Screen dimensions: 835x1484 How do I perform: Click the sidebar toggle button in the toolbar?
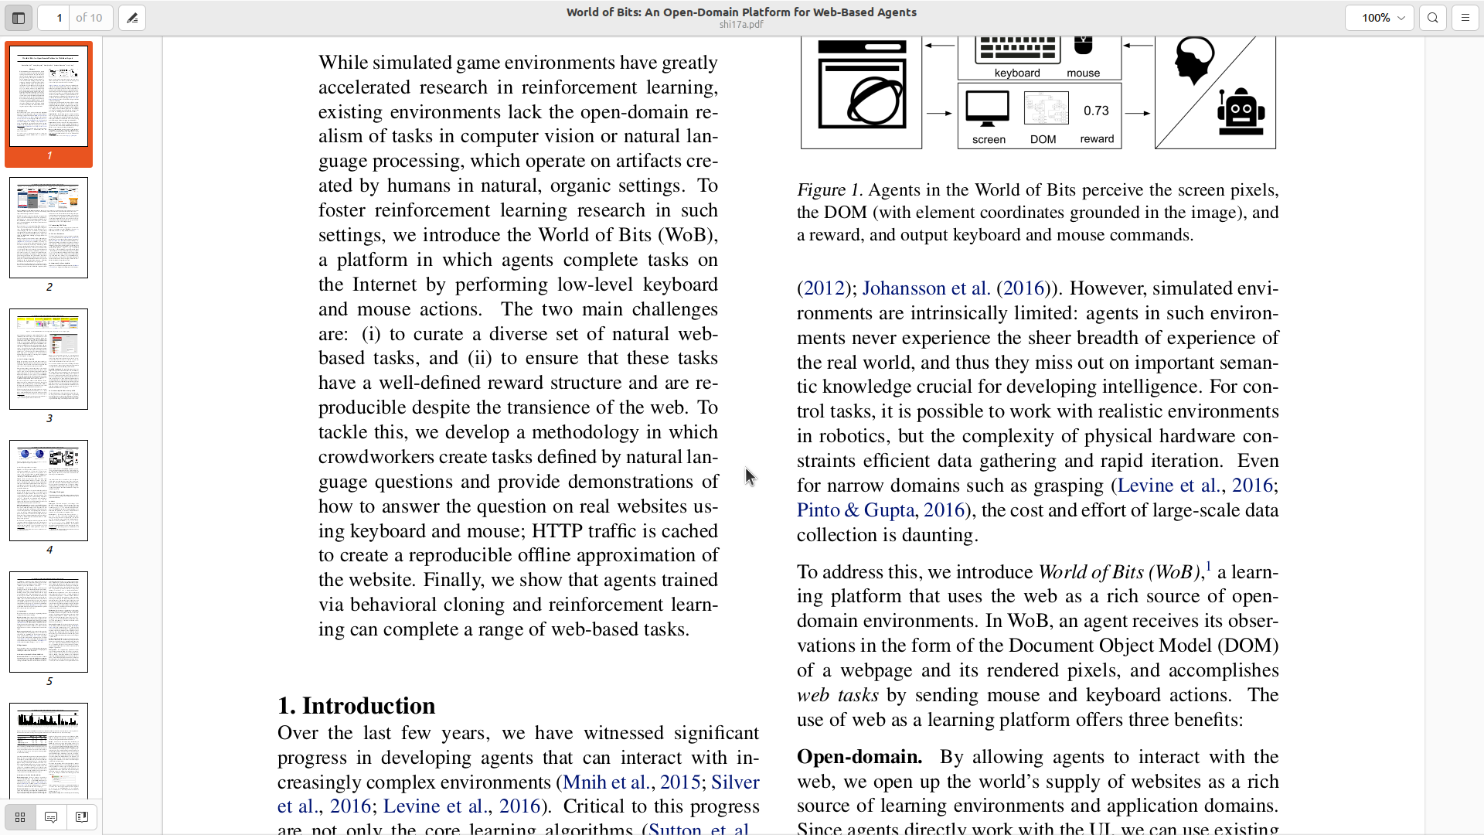coord(19,18)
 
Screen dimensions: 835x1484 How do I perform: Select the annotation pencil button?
coord(132,18)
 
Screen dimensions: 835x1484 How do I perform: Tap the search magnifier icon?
coord(1433,18)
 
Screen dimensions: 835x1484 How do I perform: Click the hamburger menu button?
coord(1465,18)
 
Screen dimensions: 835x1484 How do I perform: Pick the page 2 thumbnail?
coord(49,227)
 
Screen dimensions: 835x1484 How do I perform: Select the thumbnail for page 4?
coord(49,490)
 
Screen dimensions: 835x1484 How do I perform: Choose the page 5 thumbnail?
coord(49,622)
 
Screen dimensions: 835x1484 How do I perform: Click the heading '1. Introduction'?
coord(356,706)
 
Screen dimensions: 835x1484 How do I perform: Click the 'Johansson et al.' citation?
coord(926,288)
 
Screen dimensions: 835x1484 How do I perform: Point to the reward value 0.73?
coord(1096,111)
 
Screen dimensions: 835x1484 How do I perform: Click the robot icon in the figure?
coord(1241,112)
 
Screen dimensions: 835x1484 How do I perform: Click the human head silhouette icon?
coord(1194,60)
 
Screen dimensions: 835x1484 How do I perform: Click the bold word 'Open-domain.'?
coord(859,757)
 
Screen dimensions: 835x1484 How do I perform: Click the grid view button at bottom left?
coord(20,817)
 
